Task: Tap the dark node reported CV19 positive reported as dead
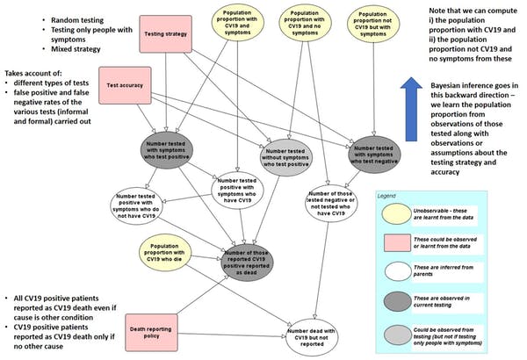tap(260, 263)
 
